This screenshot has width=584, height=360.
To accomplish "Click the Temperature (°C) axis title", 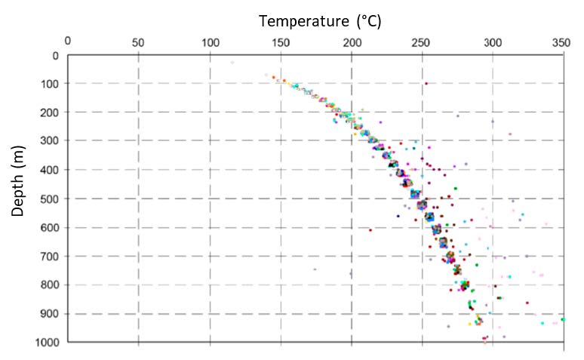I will [320, 20].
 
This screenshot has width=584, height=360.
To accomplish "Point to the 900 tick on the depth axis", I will [50, 314].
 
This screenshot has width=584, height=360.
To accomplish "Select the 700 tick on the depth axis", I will [50, 257].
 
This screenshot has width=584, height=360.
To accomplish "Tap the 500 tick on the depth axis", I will [50, 199].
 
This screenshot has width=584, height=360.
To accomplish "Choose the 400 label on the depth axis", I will [50, 171].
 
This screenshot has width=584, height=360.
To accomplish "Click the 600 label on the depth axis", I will [50, 228].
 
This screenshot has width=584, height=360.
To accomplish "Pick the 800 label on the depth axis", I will [50, 285].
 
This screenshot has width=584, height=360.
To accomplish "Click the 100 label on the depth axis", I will [50, 84].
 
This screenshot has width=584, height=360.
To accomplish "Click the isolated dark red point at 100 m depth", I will [426, 84].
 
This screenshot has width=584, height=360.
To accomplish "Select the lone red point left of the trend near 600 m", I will [370, 230].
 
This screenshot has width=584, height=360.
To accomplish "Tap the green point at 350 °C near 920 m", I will [563, 319].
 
